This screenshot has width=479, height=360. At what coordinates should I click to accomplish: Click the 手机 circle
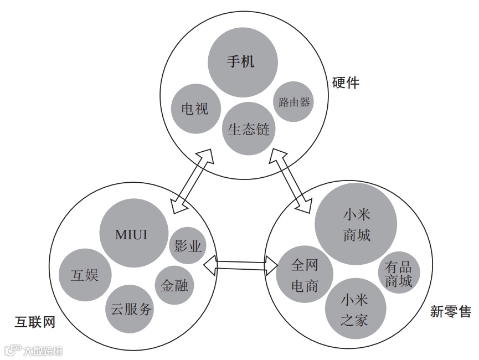(241, 61)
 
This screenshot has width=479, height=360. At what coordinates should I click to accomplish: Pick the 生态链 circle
(249, 129)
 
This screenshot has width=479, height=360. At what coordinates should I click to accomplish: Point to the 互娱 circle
(84, 275)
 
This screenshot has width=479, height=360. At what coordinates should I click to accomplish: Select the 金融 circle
(174, 285)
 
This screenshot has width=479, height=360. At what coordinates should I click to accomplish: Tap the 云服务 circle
(131, 309)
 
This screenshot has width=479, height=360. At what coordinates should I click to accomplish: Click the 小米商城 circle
(356, 224)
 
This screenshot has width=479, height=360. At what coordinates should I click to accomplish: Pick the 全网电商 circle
(304, 275)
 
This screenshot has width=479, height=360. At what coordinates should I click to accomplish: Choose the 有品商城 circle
(399, 274)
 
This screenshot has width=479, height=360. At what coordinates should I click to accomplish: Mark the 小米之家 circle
(354, 310)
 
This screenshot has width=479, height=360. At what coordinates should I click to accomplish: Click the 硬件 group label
(346, 83)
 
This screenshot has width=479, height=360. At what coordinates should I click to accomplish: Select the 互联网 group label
(35, 321)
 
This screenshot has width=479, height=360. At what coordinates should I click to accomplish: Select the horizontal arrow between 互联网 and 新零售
(240, 266)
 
